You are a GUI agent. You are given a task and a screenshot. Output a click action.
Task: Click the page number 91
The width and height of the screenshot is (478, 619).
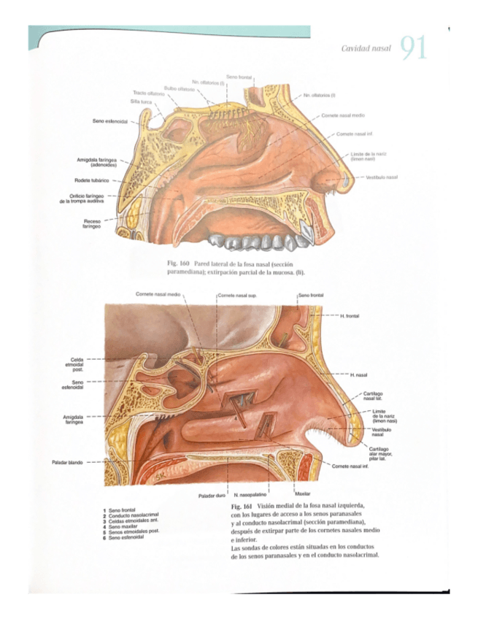tap(413, 48)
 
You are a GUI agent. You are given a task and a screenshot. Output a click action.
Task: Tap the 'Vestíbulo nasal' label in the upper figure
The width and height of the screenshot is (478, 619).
tap(381, 177)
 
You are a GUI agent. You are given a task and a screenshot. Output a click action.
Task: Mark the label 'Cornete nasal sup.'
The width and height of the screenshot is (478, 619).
tap(236, 295)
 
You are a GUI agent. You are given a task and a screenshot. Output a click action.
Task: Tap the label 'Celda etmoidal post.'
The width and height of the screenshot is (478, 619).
tap(77, 364)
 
